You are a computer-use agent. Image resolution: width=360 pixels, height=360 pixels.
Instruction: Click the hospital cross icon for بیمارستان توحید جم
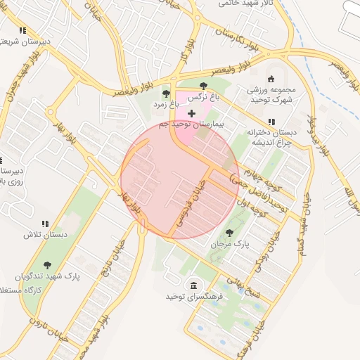[191, 113]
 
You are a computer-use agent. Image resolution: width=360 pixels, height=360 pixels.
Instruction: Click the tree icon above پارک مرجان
[229, 232]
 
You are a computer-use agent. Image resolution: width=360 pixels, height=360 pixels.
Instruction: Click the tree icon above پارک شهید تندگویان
[47, 265]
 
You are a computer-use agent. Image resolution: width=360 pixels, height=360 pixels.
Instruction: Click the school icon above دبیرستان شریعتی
[23, 31]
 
